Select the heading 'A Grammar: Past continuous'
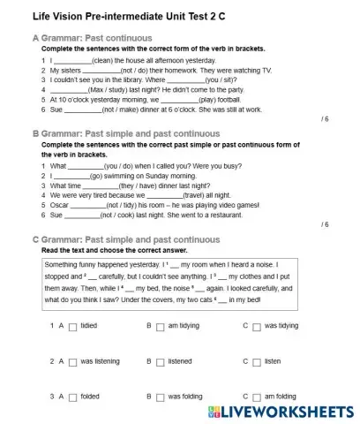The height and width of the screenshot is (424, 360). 92,38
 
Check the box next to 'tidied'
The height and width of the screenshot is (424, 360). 72,326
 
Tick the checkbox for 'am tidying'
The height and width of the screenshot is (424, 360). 161,326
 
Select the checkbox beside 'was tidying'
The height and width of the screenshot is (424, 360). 257,326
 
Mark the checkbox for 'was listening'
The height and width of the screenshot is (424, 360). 72,361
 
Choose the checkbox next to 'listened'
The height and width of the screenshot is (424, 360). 161,361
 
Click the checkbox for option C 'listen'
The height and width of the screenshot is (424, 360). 257,361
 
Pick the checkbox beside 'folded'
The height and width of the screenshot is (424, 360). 72,397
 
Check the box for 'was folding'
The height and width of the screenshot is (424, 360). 161,397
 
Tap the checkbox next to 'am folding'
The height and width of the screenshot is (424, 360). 257,397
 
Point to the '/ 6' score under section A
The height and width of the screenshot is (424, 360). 324,118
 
